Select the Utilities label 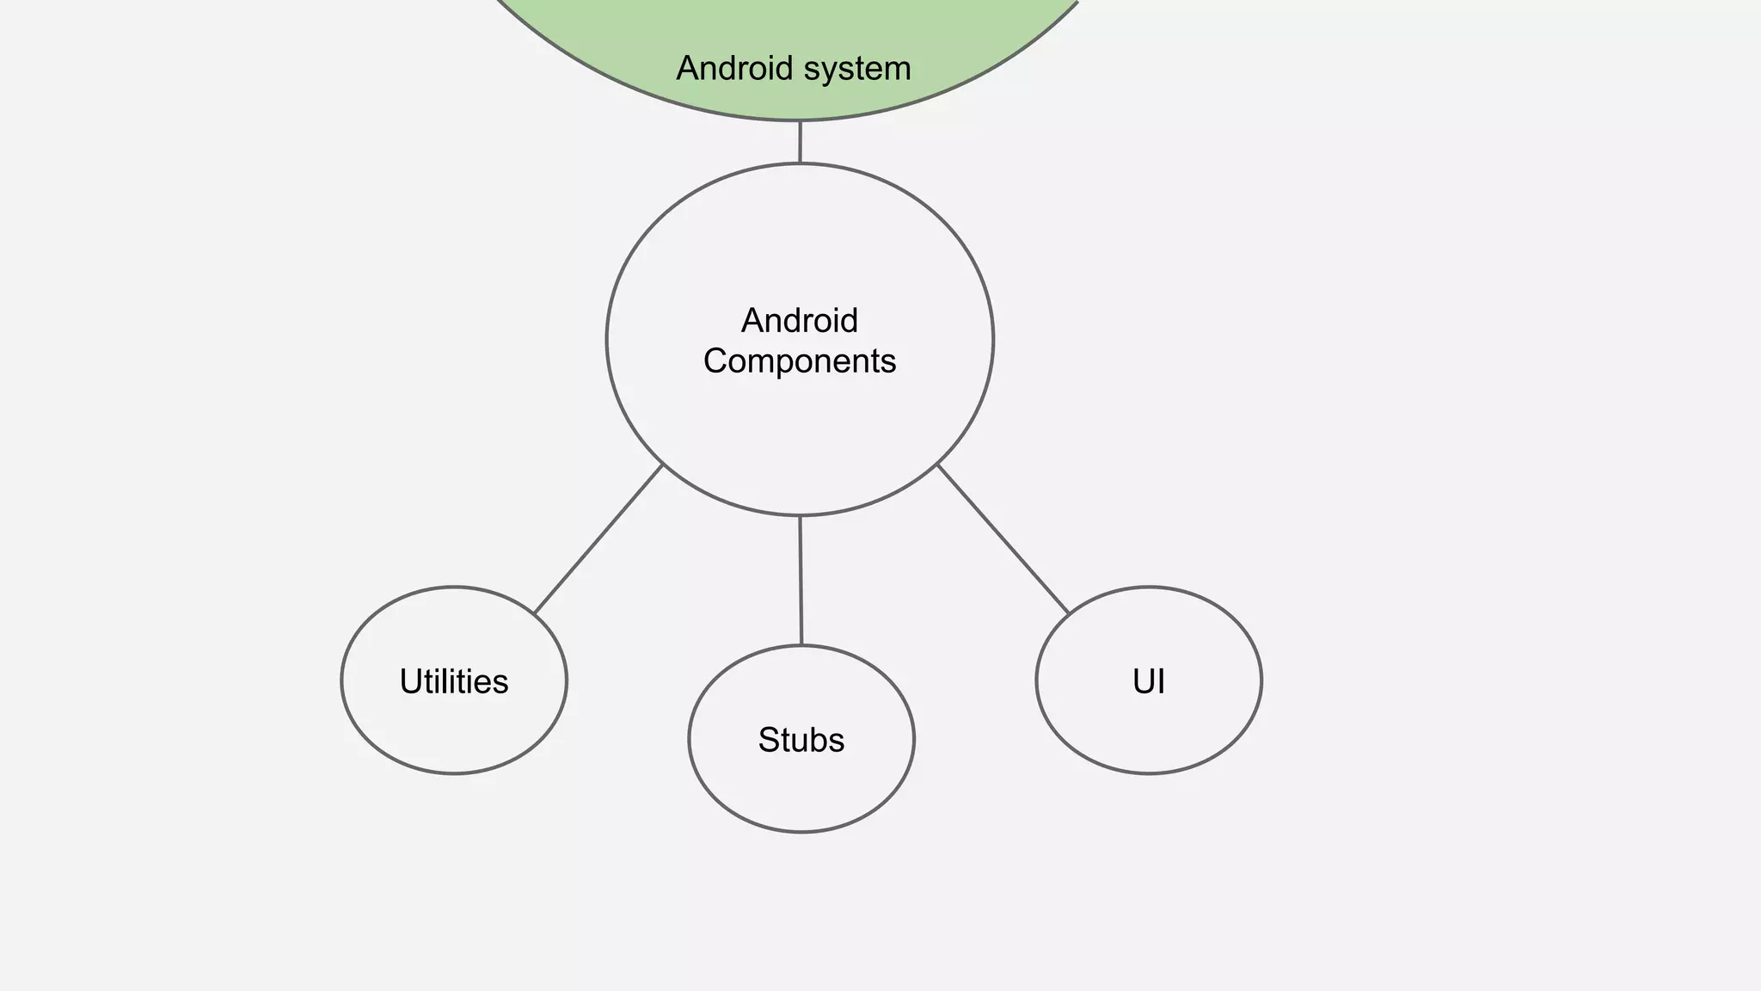[x=454, y=681]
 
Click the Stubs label [x=801, y=740]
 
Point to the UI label [x=1149, y=681]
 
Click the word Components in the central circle [x=800, y=361]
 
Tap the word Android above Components [x=800, y=321]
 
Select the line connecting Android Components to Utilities [x=598, y=539]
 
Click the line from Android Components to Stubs [x=801, y=581]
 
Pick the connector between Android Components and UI [x=1003, y=539]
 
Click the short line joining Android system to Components [x=800, y=142]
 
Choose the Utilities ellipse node [x=454, y=731]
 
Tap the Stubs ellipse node [x=801, y=791]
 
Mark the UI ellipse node [x=1149, y=731]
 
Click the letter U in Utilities [x=410, y=681]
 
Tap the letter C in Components [x=715, y=361]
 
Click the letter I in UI [x=1161, y=681]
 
